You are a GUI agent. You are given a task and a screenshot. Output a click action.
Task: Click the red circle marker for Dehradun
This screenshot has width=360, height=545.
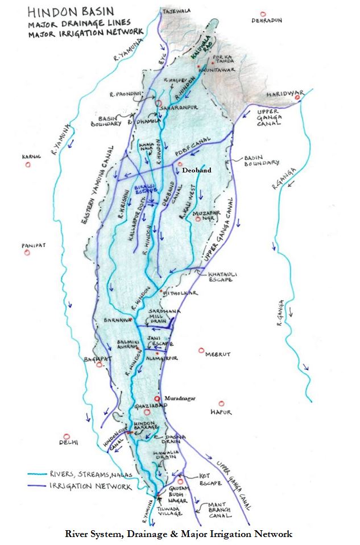point(262,14)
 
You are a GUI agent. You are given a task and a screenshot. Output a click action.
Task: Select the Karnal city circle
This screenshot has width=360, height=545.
point(27,165)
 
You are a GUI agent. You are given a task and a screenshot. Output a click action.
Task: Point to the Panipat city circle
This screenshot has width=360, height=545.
point(26,253)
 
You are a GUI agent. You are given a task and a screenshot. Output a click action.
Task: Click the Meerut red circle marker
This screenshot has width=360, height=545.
point(201,350)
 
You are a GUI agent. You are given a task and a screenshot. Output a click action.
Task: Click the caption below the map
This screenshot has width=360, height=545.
point(179,534)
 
